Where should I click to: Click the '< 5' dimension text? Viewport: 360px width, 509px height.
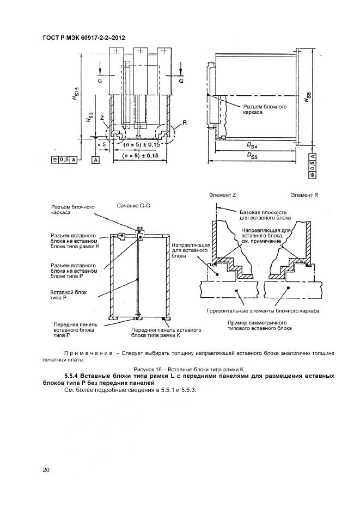(101, 145)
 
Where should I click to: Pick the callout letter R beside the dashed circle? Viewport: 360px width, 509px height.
(185, 123)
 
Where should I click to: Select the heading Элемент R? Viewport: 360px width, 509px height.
(304, 194)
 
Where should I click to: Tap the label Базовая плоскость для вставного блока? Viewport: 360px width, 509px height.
(256, 215)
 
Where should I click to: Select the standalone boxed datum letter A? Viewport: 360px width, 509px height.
(96, 160)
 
